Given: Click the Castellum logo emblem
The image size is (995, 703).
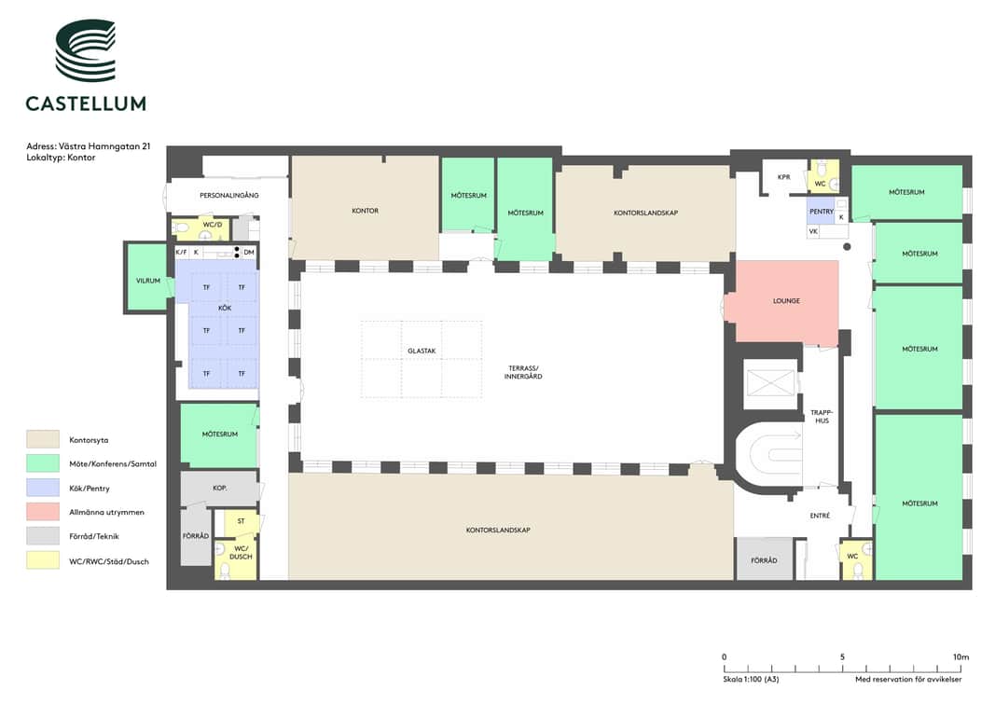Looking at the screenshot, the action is tap(86, 50).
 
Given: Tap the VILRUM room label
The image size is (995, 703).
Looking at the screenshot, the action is tap(148, 281).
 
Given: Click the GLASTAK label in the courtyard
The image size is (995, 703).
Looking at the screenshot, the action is tap(422, 351).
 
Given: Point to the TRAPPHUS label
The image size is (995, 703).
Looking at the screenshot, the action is tap(822, 417).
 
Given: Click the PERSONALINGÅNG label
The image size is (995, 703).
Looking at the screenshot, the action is tap(229, 196).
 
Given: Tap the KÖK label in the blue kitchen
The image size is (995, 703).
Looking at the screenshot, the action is tap(225, 308).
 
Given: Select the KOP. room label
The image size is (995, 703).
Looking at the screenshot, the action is tap(219, 488).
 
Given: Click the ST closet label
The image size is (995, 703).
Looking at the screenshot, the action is tap(242, 521).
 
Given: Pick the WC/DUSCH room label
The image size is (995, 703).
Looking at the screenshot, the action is tap(242, 553).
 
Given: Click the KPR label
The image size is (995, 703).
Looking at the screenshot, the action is tap(783, 177).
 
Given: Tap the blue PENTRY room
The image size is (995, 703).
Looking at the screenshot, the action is tap(822, 212).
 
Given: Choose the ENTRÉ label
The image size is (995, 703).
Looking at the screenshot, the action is tap(820, 516).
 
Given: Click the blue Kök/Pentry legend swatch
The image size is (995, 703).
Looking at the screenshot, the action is tap(43, 488).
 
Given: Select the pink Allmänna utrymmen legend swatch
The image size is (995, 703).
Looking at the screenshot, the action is tap(43, 511).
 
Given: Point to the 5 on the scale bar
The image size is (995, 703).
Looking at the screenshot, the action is tap(843, 657).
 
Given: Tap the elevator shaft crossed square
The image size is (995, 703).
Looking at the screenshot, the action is tap(770, 384).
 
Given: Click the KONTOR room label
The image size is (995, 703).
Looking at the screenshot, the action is tap(365, 211).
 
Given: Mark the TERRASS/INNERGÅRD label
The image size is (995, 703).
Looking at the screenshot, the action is tap(523, 372).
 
